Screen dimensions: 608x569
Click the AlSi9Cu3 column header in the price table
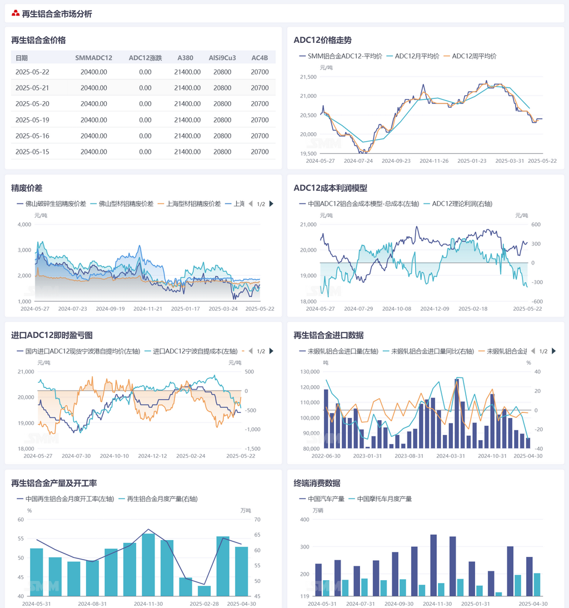pyautogui.click(x=222, y=58)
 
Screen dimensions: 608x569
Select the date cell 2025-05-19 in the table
pyautogui.click(x=32, y=120)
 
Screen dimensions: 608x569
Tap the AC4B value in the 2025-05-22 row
pyautogui.click(x=259, y=72)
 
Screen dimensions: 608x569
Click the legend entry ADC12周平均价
pyautogui.click(x=474, y=56)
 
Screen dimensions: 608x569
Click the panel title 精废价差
pyautogui.click(x=27, y=188)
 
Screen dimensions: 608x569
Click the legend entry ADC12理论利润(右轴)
pyautogui.click(x=461, y=204)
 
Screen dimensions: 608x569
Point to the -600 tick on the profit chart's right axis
pyautogui.click(x=521, y=302)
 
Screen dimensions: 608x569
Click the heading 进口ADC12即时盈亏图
pyautogui.click(x=52, y=335)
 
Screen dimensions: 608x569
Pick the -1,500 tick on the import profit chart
pyautogui.click(x=253, y=449)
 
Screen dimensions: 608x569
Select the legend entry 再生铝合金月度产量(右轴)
pyautogui.click(x=162, y=499)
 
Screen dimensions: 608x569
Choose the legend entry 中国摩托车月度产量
pyautogui.click(x=384, y=499)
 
